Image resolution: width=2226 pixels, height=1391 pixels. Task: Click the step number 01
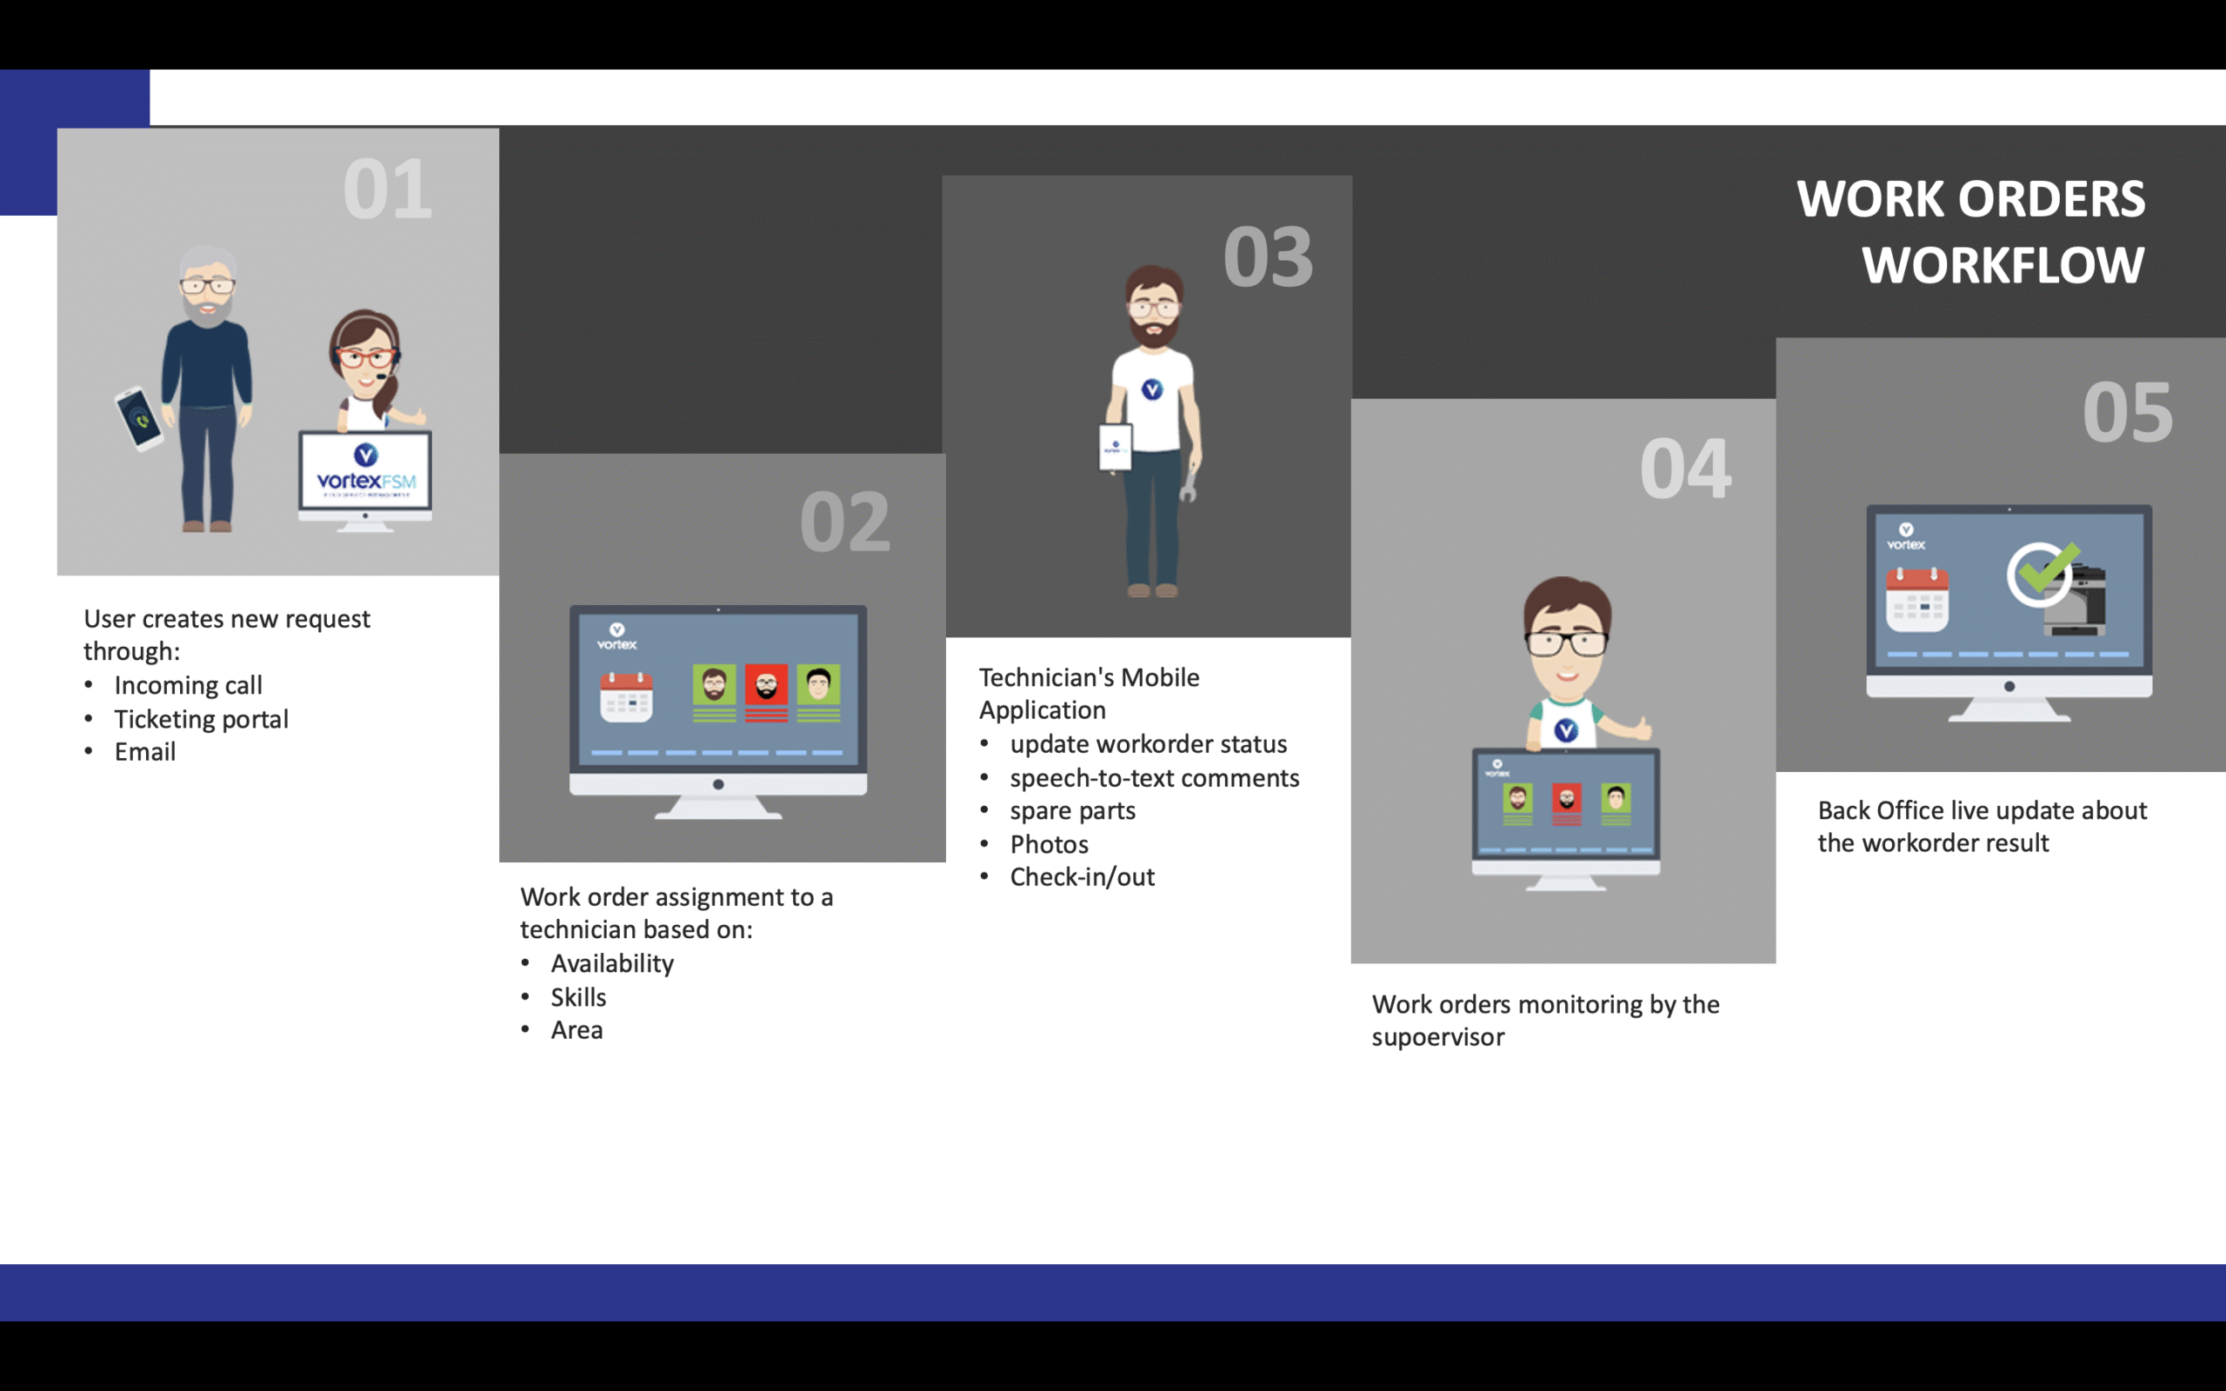[x=387, y=190]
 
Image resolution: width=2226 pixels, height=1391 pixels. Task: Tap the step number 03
[x=1268, y=256]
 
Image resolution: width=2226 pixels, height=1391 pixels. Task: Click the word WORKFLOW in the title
[x=2003, y=265]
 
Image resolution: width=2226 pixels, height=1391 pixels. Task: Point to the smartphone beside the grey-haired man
[x=139, y=418]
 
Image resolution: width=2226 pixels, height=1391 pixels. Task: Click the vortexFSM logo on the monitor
[x=366, y=469]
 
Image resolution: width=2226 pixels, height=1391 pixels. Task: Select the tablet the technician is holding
[x=1116, y=446]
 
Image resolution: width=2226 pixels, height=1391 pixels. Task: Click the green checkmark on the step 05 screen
[x=2044, y=570]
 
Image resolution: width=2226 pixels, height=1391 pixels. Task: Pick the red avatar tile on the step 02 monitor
[x=766, y=693]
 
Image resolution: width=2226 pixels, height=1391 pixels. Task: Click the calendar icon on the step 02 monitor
[x=626, y=696]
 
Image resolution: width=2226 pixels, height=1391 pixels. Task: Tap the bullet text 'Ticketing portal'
[x=202, y=718]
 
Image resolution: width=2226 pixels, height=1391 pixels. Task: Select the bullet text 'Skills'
[x=578, y=997]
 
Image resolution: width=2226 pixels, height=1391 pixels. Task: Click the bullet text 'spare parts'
[x=1072, y=811]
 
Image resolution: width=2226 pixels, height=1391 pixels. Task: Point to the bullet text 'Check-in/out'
[x=1083, y=876]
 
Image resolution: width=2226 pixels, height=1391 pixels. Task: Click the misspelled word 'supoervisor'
[x=1437, y=1038]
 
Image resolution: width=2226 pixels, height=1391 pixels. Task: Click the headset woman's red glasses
[x=366, y=357]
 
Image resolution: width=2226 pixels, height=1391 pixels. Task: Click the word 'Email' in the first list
[x=145, y=752]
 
